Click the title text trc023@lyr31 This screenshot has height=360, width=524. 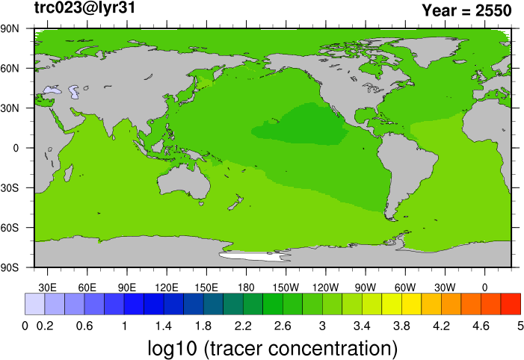pos(85,8)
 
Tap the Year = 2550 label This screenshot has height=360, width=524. pos(467,10)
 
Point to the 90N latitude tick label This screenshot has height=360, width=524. pos(10,28)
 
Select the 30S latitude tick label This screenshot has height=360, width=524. pos(10,188)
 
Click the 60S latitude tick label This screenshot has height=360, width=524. pos(10,228)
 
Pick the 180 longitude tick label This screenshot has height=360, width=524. pos(246,288)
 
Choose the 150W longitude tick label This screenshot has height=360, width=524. pos(286,288)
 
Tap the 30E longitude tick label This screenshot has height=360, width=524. pos(47,288)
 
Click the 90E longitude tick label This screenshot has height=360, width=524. pos(127,288)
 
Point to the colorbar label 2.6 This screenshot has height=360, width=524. pos(283,326)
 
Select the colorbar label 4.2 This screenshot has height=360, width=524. pos(442,326)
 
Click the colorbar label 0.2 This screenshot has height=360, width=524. pos(45,326)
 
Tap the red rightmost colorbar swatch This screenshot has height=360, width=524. pos(511,304)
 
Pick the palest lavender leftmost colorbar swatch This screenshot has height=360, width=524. pos(34,304)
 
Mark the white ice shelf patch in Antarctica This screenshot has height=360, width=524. pos(254,256)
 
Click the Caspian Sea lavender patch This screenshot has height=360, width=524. pos(74,92)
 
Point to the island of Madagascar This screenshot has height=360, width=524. pos(69,173)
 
